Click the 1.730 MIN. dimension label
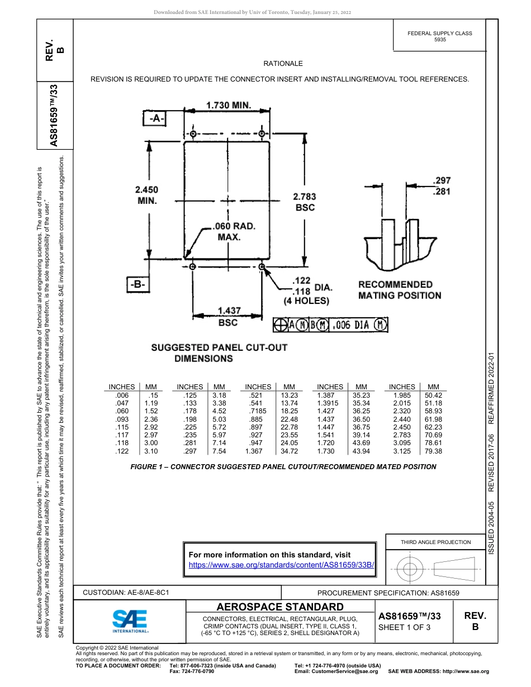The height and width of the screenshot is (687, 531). [x=229, y=105]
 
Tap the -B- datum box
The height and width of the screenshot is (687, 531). [x=138, y=284]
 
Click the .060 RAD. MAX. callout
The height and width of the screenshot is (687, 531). [x=233, y=232]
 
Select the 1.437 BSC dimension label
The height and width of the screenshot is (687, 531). [x=228, y=317]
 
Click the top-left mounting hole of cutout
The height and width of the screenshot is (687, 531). [x=193, y=134]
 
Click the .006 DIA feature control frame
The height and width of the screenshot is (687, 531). [x=331, y=325]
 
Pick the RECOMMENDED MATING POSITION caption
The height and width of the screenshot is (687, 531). [x=399, y=290]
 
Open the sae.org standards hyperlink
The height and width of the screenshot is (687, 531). [x=281, y=565]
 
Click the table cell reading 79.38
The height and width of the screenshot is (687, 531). [x=433, y=451]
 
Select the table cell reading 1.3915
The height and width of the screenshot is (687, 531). [x=330, y=403]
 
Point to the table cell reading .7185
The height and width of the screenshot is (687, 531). [x=258, y=411]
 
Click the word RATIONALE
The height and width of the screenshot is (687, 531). [x=283, y=64]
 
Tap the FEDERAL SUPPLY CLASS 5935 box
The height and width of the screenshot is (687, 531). [x=439, y=36]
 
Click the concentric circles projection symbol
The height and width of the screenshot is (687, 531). [x=411, y=570]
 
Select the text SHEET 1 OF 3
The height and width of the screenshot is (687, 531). [x=404, y=627]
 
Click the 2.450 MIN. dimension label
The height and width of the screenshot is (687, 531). [x=146, y=195]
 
